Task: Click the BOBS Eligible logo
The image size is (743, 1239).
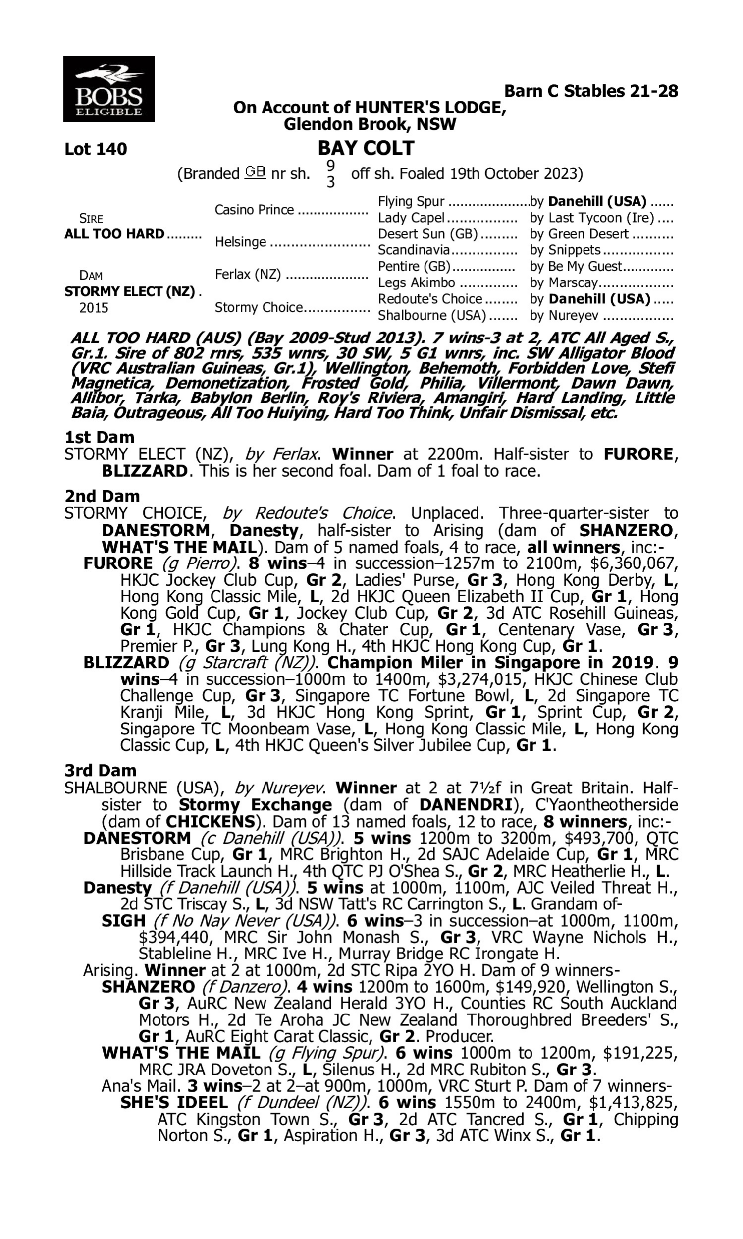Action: click(x=108, y=89)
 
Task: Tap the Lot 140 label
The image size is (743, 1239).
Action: click(x=96, y=149)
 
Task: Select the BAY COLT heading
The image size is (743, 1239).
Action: click(x=366, y=148)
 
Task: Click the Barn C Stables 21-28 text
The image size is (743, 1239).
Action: click(x=590, y=91)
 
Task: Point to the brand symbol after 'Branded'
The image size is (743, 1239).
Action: click(x=255, y=172)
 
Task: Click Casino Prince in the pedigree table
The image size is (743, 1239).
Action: click(x=254, y=210)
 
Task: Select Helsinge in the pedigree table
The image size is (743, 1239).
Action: click(x=240, y=242)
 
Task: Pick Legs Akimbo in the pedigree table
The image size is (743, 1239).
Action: click(x=417, y=283)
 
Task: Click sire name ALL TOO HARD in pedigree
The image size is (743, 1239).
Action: click(x=114, y=234)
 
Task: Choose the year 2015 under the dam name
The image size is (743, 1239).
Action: click(x=94, y=308)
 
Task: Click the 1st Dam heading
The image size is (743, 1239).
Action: click(x=99, y=437)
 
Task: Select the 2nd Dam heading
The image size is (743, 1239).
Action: click(x=102, y=496)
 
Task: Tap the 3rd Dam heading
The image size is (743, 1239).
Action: click(x=100, y=770)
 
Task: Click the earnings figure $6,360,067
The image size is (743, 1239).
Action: click(x=634, y=563)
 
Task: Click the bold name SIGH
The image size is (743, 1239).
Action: click(x=123, y=920)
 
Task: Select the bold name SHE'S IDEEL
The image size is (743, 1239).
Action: click(x=174, y=1102)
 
